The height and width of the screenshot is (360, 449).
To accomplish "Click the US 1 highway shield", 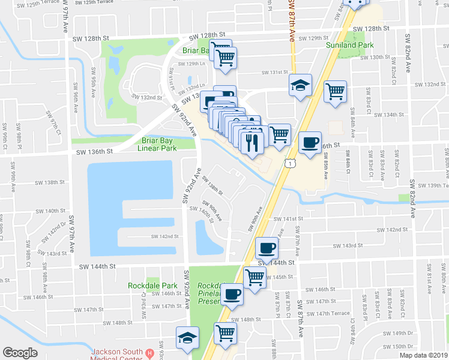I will (x=291, y=163).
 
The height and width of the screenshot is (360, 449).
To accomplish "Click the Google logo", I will (x=20, y=353).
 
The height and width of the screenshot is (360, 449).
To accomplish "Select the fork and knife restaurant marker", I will (x=251, y=142).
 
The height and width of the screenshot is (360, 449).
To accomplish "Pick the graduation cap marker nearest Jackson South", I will (x=188, y=338).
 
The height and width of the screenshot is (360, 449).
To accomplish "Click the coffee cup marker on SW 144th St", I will (x=266, y=247).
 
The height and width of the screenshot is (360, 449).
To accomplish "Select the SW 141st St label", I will (x=289, y=219).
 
